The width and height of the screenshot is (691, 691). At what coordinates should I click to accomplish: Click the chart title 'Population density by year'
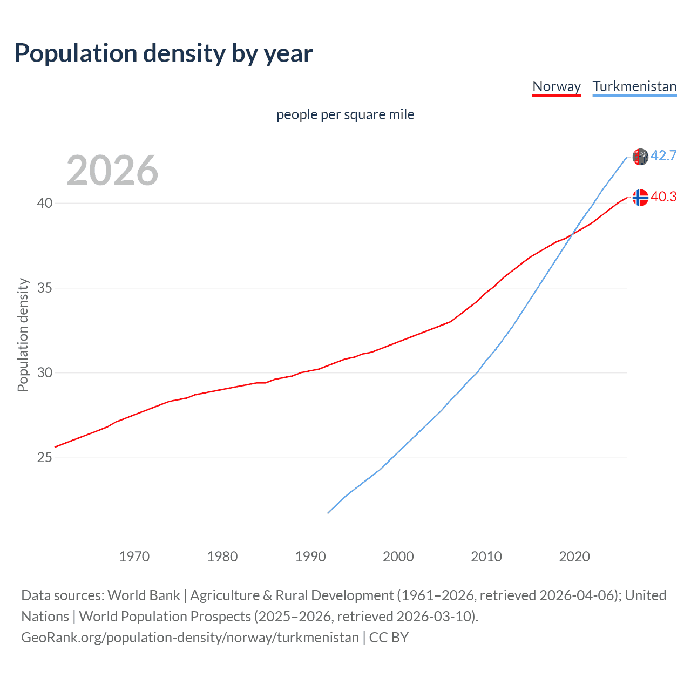point(164,53)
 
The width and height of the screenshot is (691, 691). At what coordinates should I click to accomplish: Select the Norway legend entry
point(556,86)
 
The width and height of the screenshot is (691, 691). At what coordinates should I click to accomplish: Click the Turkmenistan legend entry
point(634,86)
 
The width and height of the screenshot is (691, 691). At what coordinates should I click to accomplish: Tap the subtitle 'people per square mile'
point(345,114)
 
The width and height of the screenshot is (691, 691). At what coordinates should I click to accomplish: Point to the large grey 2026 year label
point(112,171)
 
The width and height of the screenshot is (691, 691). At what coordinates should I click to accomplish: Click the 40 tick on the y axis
point(45,203)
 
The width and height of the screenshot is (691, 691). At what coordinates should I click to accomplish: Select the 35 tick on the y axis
point(45,288)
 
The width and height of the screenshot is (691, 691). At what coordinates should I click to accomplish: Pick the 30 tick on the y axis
point(45,372)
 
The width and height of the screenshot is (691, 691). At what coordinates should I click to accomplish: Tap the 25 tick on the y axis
point(45,457)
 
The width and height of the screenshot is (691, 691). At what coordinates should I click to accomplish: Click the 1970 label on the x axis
point(134,557)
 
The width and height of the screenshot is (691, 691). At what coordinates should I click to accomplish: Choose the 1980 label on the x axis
point(222,557)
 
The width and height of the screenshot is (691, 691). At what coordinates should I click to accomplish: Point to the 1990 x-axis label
point(310,557)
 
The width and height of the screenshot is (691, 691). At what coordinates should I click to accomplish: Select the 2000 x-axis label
point(398,557)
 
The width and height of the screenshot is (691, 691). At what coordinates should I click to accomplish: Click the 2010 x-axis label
point(486,557)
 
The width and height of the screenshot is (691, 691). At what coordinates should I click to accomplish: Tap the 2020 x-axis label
point(574,557)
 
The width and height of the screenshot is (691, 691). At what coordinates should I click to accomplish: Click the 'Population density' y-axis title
point(23,335)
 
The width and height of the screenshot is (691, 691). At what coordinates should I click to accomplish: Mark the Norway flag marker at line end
point(640,198)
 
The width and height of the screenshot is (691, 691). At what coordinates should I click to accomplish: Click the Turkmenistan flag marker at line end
point(640,157)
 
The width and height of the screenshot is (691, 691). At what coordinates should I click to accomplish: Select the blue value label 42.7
point(663,155)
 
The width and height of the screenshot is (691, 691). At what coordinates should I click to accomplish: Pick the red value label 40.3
point(663,197)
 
